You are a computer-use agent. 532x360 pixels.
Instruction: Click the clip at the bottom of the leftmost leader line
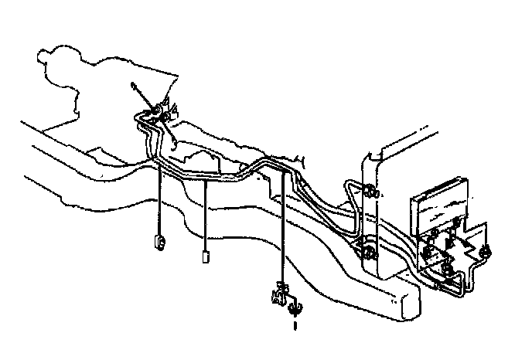coord(159,242)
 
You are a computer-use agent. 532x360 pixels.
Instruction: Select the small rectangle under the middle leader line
coord(205,256)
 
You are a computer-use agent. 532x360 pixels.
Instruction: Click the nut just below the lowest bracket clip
coord(294,311)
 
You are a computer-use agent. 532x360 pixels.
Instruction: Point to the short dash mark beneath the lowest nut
coord(295,327)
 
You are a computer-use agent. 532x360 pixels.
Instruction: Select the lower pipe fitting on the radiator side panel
coord(367,250)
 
